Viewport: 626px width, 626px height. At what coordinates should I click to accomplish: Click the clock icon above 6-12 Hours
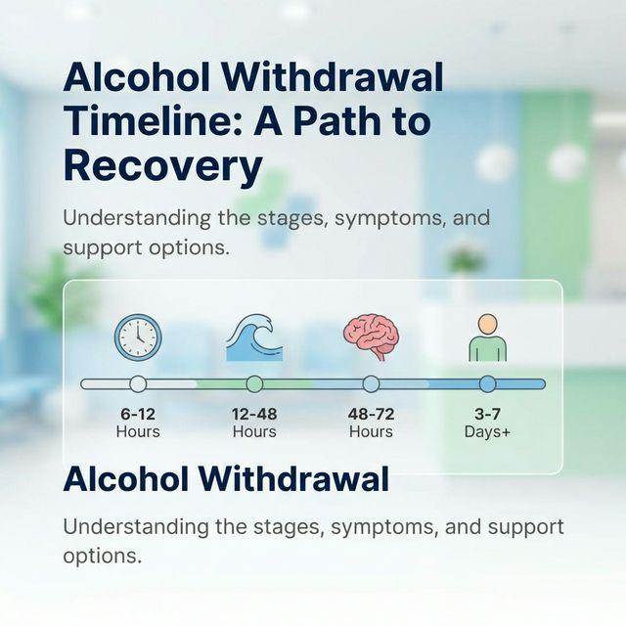click(x=138, y=337)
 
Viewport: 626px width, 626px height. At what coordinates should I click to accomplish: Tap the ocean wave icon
click(x=254, y=338)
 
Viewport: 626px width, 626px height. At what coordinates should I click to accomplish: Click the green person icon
click(x=487, y=338)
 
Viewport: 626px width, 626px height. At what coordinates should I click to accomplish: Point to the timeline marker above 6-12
click(x=138, y=383)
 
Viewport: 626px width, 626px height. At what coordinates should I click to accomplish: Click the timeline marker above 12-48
click(x=254, y=383)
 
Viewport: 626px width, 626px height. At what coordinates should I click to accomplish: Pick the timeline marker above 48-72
click(x=371, y=383)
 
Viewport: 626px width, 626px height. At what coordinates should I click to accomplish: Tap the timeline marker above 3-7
click(x=487, y=383)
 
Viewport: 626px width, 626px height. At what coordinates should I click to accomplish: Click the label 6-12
click(x=138, y=414)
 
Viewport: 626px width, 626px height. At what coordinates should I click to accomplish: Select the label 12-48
click(x=254, y=414)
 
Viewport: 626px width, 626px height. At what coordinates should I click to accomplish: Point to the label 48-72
click(x=371, y=414)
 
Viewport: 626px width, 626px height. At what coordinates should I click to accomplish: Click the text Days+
click(x=487, y=431)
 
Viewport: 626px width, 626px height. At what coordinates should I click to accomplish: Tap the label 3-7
click(x=487, y=414)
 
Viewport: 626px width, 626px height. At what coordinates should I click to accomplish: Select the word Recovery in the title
click(x=162, y=166)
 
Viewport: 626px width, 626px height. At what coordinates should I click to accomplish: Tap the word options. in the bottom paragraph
click(x=103, y=556)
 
